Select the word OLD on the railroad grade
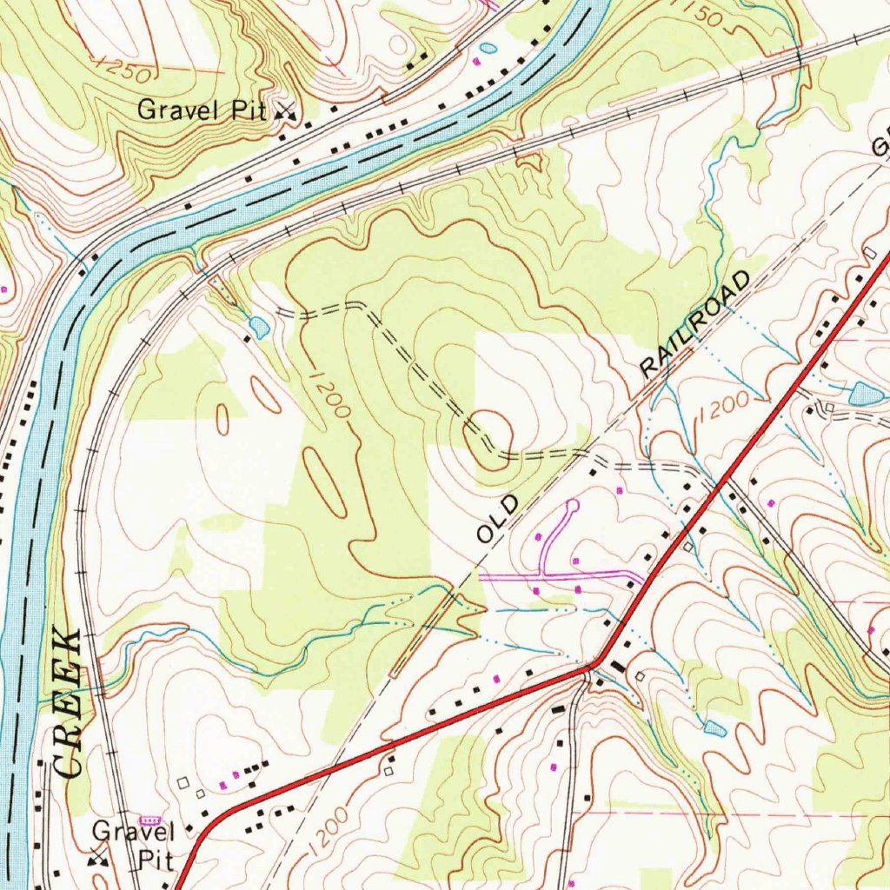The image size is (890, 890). click(x=497, y=519)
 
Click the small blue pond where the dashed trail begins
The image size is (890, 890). click(x=258, y=327)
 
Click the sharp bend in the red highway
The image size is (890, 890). click(x=594, y=666)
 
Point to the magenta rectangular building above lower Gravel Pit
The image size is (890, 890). click(x=150, y=820)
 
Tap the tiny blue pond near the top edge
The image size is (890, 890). click(x=488, y=47)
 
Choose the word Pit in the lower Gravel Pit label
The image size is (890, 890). click(x=156, y=860)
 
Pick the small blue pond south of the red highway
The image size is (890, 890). click(x=714, y=726)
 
